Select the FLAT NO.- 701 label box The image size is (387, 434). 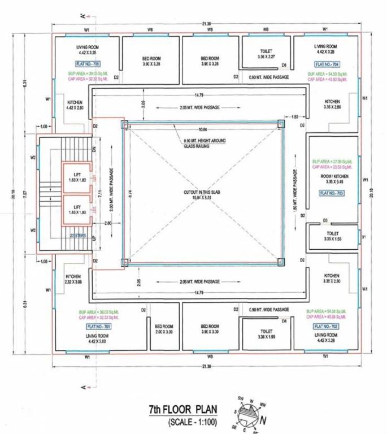point(98,327)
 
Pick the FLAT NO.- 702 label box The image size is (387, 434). point(326,327)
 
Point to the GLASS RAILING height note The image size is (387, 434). point(197,144)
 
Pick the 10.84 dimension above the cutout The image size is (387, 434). point(203,130)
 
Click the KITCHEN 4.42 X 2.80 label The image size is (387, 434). point(75,105)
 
